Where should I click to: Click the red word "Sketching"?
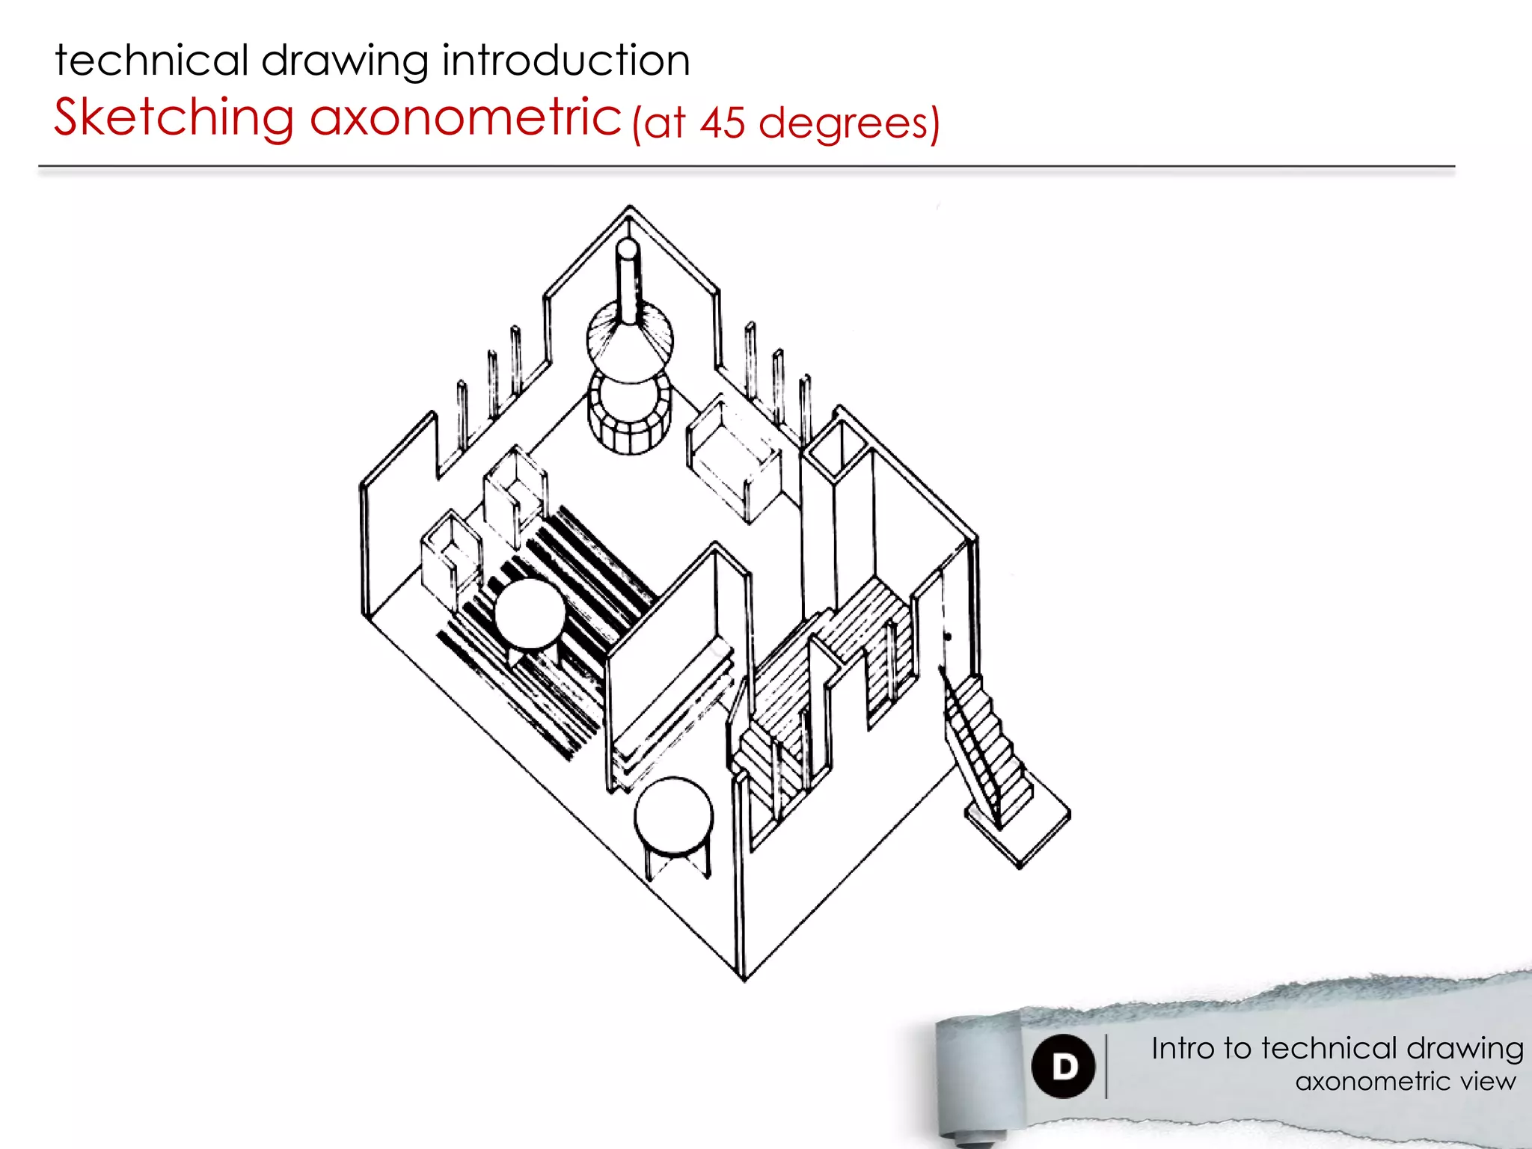coord(174,118)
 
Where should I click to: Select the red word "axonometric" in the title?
coord(465,118)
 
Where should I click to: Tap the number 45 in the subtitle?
coord(723,123)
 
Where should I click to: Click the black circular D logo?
coord(1063,1066)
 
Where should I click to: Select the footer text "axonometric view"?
coord(1406,1082)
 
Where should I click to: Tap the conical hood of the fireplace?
coord(630,340)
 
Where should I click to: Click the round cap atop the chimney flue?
coord(628,249)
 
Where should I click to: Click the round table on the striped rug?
coord(530,614)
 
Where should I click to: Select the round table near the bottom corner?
coord(673,816)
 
